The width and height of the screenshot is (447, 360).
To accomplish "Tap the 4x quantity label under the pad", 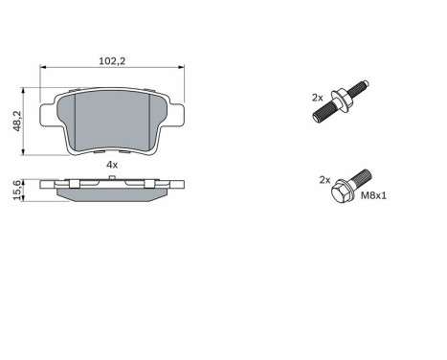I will pyautogui.click(x=111, y=165).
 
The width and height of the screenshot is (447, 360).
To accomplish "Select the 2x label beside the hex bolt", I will pyautogui.click(x=324, y=179).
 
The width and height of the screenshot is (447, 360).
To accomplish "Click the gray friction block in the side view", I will pyautogui.click(x=112, y=194).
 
